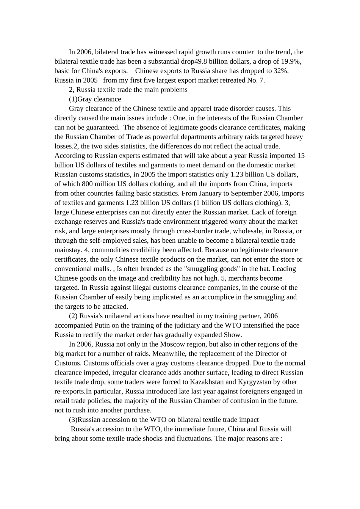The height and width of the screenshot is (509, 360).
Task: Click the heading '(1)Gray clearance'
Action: click(x=95, y=99)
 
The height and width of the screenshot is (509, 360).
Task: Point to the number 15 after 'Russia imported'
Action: click(x=301, y=156)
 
